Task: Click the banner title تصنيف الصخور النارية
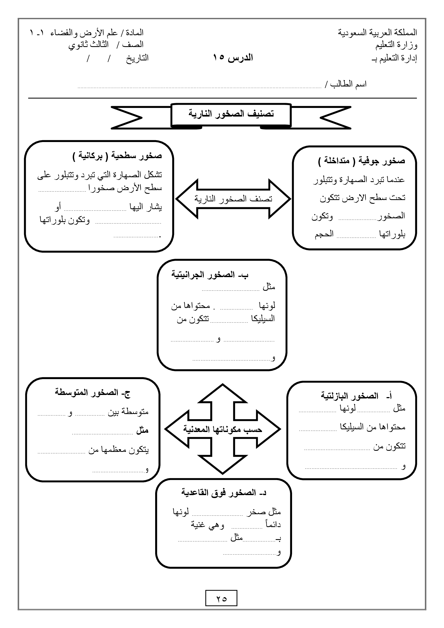coord(231,114)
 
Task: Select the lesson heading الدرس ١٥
coord(233,58)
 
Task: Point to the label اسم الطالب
coord(348,84)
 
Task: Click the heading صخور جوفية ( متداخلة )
coord(361,161)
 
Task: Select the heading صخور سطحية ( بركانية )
coord(117,156)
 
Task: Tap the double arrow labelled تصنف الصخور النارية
coord(233,199)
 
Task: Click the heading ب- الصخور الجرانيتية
coord(210,274)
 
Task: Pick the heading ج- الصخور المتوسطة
coord(92,393)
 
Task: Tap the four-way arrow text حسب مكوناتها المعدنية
coord(223,429)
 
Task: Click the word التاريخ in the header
coord(137,58)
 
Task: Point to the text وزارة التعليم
coord(396,45)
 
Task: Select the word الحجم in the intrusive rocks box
coord(324,234)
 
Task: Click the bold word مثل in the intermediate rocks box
coord(142,430)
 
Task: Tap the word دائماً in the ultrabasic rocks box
coord(273,524)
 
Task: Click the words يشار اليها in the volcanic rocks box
coord(146,207)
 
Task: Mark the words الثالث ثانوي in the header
coord(88,45)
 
